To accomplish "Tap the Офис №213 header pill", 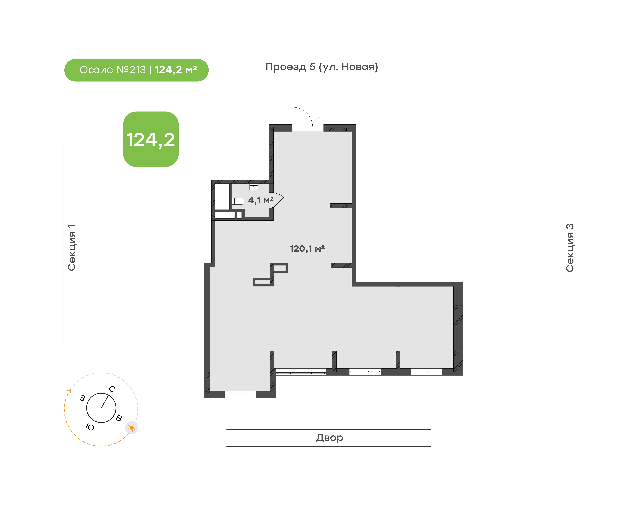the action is click(x=136, y=70).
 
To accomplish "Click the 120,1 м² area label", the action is click(x=307, y=249).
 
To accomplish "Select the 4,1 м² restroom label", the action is click(x=261, y=200).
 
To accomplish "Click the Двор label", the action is click(x=329, y=438).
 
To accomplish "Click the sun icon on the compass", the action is click(x=132, y=428).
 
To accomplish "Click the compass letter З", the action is click(x=82, y=398).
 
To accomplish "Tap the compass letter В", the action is click(x=119, y=418).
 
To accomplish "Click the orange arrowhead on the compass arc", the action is click(x=69, y=392).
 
